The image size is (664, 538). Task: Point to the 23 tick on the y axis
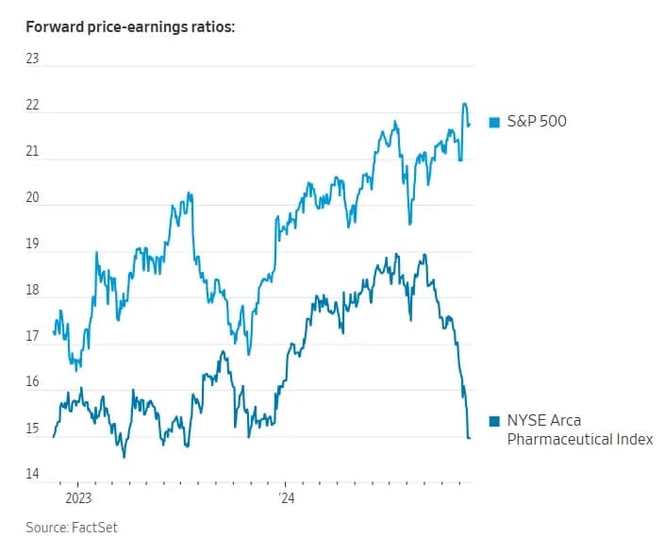(x=32, y=59)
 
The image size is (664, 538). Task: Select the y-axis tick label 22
(x=32, y=105)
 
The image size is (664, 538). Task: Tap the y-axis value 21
(x=32, y=151)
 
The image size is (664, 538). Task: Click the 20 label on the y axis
(x=32, y=197)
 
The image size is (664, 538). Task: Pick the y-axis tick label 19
(x=32, y=244)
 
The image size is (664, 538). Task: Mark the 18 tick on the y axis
(x=32, y=291)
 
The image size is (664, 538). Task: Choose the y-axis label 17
(x=32, y=336)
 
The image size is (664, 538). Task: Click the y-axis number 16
(x=32, y=382)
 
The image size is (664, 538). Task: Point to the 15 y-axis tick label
(x=32, y=429)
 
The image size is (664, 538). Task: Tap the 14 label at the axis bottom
(x=32, y=475)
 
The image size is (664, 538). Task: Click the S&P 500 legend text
(x=537, y=122)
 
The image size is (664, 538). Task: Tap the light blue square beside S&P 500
(x=494, y=122)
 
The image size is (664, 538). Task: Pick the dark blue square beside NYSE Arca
(x=494, y=421)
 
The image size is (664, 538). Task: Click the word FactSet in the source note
(x=94, y=527)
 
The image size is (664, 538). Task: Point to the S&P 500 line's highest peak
(x=464, y=103)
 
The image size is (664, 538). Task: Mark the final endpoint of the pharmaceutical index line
(x=470, y=437)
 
